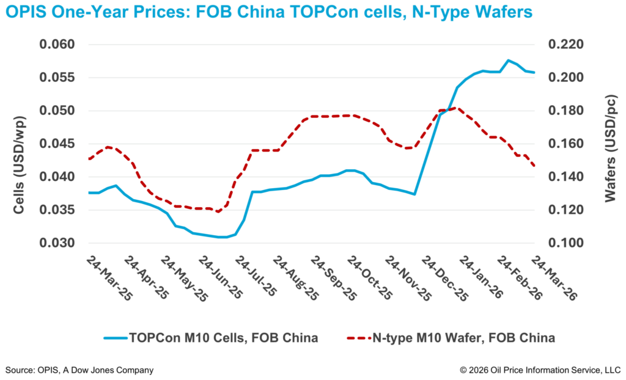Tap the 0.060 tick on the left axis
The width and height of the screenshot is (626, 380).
pos(57,45)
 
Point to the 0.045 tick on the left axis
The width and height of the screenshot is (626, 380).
pos(57,144)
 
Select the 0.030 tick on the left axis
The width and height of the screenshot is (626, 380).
pos(57,243)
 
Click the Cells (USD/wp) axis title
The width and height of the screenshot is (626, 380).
pos(20,144)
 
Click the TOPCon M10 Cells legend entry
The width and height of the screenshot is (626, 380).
pos(210,338)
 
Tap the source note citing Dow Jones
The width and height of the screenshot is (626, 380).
pos(79,370)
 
